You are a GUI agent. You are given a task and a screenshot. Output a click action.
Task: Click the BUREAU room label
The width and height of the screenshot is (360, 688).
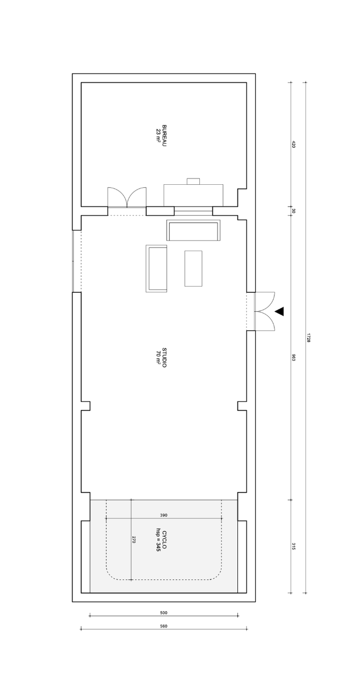[164, 135]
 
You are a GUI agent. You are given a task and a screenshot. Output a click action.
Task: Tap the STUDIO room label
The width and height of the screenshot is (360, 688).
[164, 358]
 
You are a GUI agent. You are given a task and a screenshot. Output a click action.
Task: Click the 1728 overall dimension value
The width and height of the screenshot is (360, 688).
[308, 338]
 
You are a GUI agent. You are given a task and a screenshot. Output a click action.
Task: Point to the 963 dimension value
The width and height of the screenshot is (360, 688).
[293, 358]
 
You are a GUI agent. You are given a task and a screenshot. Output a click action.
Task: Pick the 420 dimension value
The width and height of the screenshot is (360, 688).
[293, 145]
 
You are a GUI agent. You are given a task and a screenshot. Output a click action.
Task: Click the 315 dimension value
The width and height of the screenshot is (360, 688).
[293, 547]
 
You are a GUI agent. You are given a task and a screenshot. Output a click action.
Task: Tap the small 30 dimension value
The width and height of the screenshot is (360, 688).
[293, 211]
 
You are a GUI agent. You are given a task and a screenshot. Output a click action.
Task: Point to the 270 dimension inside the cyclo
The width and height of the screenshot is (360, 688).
[134, 540]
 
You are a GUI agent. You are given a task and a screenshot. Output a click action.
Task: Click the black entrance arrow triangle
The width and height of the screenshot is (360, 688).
[279, 312]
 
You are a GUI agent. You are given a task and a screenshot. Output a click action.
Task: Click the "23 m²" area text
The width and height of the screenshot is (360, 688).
[159, 135]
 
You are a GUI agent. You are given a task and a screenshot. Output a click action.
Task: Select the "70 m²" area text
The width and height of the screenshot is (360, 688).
[159, 358]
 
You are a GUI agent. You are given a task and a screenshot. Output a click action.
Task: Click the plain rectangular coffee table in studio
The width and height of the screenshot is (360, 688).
[194, 268]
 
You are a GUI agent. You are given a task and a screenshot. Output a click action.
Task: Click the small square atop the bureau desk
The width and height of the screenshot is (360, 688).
[194, 181]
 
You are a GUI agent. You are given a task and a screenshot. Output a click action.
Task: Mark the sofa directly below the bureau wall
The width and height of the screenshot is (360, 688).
[194, 230]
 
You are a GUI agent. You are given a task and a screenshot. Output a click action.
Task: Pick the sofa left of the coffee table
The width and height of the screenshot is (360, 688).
[157, 268]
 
